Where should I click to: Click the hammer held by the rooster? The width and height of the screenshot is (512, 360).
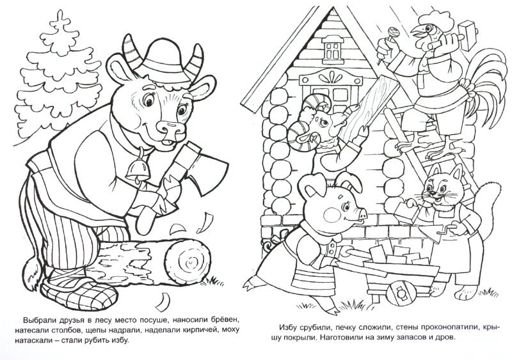[463, 35]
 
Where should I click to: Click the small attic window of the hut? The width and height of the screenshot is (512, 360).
[332, 50]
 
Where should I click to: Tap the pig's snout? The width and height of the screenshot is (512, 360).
[362, 214]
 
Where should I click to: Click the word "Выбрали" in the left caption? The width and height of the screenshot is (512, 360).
[37, 319]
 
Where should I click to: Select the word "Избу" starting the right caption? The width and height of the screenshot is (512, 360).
[287, 327]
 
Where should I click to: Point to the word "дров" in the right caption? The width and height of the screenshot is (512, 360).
[446, 338]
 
